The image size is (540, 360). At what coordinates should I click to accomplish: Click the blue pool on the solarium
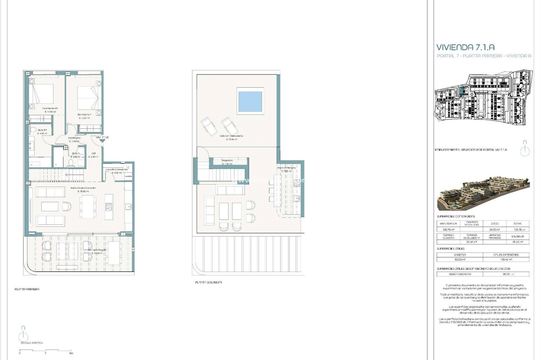click(250, 101)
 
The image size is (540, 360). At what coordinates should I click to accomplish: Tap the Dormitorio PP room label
click(50, 109)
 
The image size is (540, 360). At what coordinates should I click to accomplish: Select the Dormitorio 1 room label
click(84, 115)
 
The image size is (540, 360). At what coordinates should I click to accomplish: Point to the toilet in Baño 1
click(71, 163)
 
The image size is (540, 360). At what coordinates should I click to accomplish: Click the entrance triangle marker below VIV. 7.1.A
click(102, 141)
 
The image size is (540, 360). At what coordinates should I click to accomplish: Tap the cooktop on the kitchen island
click(109, 207)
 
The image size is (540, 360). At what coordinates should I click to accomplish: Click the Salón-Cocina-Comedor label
click(83, 188)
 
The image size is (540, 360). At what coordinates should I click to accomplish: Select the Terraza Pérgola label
click(97, 250)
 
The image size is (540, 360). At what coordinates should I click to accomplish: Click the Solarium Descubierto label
click(232, 136)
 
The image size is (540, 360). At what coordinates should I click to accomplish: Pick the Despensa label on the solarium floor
click(227, 161)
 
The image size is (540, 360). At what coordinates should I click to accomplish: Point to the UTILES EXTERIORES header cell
click(506, 255)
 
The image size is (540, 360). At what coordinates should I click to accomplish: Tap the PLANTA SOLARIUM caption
click(208, 282)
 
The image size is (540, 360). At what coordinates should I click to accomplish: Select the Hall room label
click(93, 153)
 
